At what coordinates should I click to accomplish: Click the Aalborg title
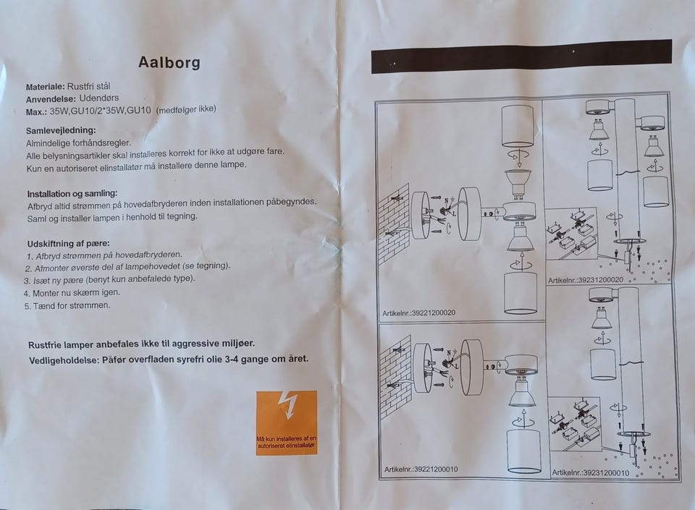click(169, 62)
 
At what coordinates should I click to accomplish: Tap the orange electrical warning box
click(286, 422)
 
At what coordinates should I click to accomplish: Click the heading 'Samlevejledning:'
click(61, 130)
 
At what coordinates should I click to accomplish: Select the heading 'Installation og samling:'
click(72, 194)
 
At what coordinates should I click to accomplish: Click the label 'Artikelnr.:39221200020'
click(419, 313)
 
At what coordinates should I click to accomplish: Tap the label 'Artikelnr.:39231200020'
click(586, 279)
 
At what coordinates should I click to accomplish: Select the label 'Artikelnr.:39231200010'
click(590, 472)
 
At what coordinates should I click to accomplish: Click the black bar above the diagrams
click(521, 56)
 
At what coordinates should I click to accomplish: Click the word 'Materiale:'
click(45, 86)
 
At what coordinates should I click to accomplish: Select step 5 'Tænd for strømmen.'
click(67, 305)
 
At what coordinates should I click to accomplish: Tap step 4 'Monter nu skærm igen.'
click(71, 292)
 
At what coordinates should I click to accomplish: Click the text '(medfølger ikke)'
click(186, 110)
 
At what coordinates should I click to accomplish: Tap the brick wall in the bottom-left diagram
click(395, 376)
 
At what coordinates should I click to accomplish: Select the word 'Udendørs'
click(98, 98)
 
